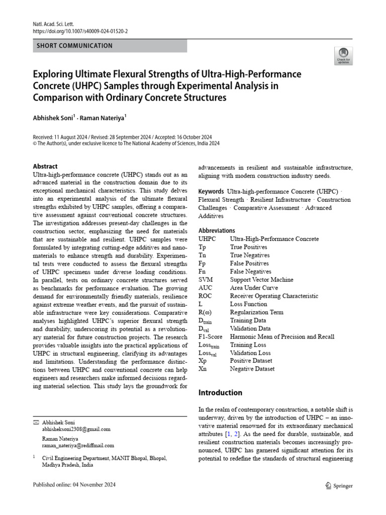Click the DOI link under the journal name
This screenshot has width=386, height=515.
click(x=80, y=31)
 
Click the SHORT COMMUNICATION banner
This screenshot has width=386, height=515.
click(x=75, y=46)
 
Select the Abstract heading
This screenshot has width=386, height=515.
click(x=45, y=166)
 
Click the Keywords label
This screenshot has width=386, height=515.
click(x=211, y=192)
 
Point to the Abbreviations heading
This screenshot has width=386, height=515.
click(x=217, y=231)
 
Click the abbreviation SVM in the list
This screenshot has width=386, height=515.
click(x=206, y=280)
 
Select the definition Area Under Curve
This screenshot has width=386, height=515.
click(x=254, y=288)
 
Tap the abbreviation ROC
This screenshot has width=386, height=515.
click(x=206, y=296)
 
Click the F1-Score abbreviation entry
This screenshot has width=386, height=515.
click(x=210, y=336)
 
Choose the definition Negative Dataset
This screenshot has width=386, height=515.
click(x=252, y=369)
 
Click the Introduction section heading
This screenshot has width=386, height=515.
click(x=220, y=393)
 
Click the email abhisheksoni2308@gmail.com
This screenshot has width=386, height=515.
click(x=76, y=430)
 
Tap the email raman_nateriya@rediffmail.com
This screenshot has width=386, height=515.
click(x=78, y=446)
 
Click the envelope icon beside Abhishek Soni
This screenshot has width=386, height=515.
click(x=35, y=421)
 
